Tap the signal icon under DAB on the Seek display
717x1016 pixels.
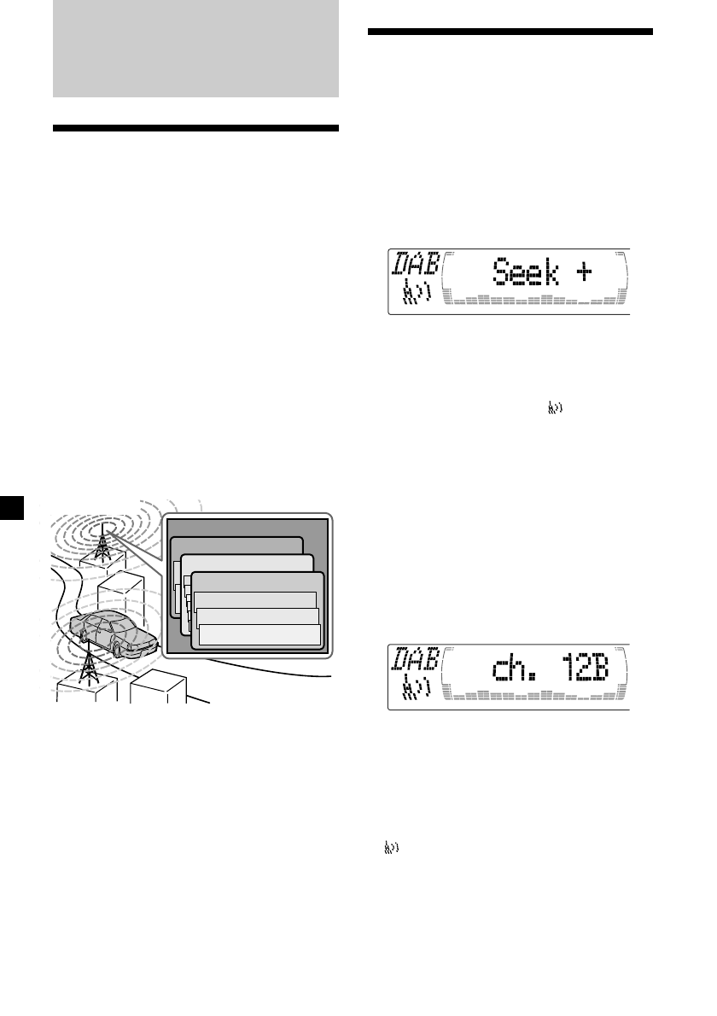click(416, 295)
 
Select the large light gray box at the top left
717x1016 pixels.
click(195, 48)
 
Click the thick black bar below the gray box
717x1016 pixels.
click(195, 129)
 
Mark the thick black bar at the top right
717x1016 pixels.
click(510, 33)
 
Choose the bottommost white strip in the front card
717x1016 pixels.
click(259, 634)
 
